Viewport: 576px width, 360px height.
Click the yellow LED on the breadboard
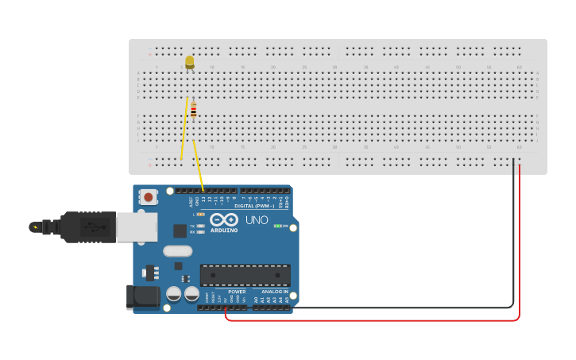[x=189, y=61]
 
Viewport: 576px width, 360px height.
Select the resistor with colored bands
[x=193, y=110]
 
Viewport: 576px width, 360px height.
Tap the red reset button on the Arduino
[x=148, y=195]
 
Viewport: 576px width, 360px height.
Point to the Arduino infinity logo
[x=224, y=219]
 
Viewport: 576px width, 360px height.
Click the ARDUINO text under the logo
[x=224, y=230]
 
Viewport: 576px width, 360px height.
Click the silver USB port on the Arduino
[x=136, y=226]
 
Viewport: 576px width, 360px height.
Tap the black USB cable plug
[x=87, y=226]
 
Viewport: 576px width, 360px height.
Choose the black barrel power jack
[x=141, y=296]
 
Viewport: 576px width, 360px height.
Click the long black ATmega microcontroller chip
[x=245, y=275]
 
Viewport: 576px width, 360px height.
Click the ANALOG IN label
[x=275, y=292]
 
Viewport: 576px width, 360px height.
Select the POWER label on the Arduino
[x=237, y=292]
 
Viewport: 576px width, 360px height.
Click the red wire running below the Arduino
[x=373, y=320]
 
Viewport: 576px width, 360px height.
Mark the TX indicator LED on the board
[x=201, y=226]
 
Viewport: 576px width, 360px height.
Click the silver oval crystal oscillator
[x=178, y=251]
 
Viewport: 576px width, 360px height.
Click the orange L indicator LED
[x=200, y=215]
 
